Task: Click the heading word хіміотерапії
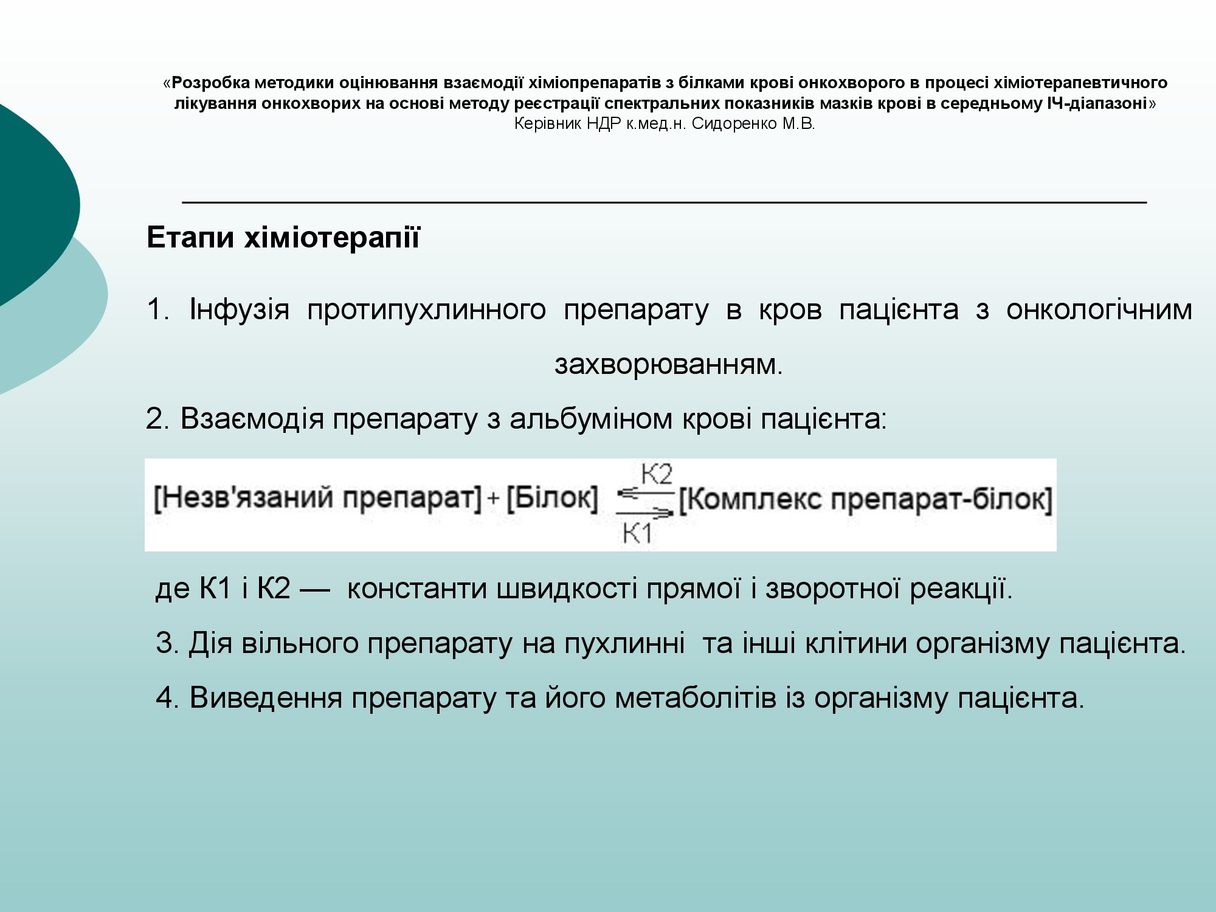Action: tap(332, 237)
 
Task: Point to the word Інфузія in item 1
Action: tap(240, 310)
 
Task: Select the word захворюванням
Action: tap(669, 365)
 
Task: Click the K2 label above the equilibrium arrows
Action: tap(657, 474)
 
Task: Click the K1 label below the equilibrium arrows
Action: tap(637, 534)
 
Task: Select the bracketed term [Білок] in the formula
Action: tap(552, 499)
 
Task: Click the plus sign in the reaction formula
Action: tap(493, 499)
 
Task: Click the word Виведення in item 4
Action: tap(266, 698)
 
